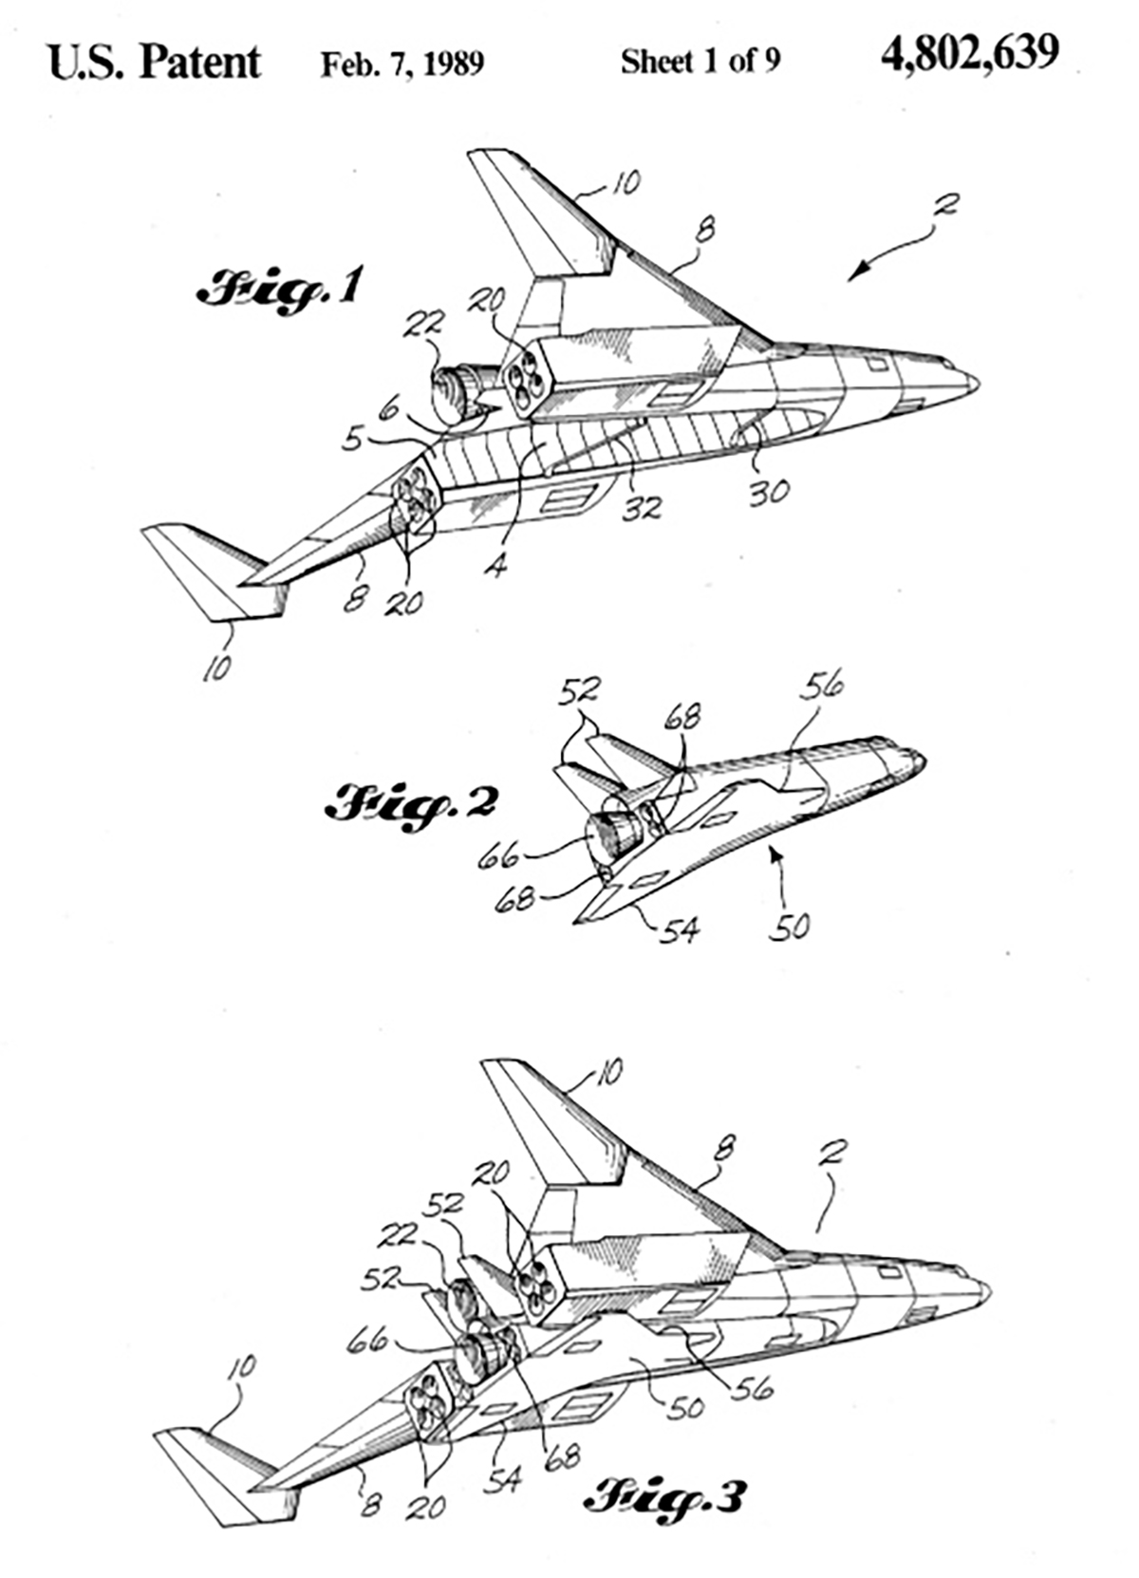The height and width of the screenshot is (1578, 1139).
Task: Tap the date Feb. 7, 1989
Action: pos(401,64)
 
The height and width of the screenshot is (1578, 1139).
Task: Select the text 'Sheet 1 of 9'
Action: pos(700,62)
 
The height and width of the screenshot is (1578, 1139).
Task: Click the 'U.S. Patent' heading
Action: pos(154,62)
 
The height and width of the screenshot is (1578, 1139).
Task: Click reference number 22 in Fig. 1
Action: pos(422,325)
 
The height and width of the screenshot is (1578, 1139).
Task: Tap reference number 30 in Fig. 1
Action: pos(768,491)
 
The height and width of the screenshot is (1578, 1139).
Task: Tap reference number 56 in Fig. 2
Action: pos(822,686)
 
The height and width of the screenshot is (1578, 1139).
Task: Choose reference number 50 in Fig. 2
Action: pos(790,926)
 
